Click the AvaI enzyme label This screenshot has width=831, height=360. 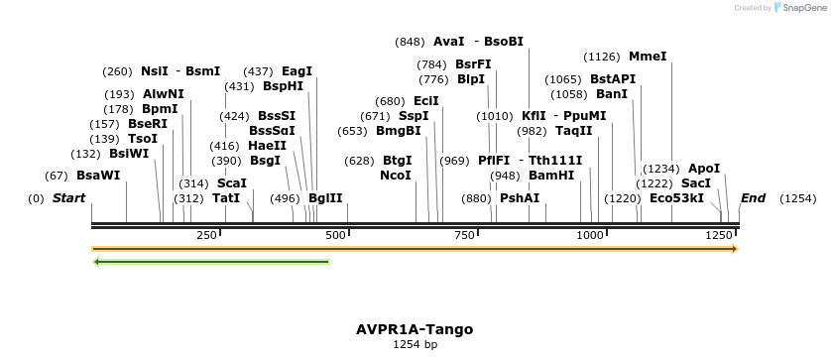point(449,42)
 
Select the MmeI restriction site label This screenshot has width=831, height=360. point(648,57)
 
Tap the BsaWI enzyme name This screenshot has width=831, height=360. point(98,176)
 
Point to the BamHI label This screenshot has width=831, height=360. point(551,176)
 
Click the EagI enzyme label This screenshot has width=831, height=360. point(297,71)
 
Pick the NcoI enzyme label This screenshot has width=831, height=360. point(396,176)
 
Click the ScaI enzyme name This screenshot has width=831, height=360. point(231,183)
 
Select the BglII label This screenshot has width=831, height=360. point(325,198)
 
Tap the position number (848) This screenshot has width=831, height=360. point(410,42)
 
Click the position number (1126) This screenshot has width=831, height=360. point(602,57)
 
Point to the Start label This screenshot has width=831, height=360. point(68,198)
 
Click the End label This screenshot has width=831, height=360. point(753,198)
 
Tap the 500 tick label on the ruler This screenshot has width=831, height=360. point(334,235)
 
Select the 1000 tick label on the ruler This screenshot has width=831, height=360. point(591,235)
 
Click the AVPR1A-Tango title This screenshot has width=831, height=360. point(415,329)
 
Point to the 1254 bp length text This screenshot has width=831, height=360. point(415,345)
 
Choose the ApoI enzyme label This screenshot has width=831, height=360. point(704,169)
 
